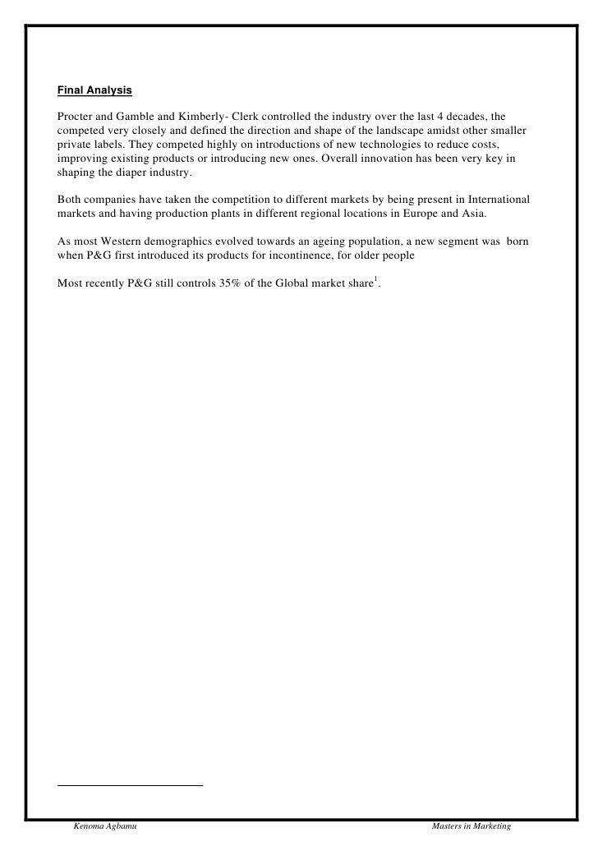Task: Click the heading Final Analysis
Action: tap(94, 89)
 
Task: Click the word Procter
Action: tap(76, 115)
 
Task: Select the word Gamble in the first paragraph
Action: tap(146, 115)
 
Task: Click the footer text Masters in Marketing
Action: tap(471, 825)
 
